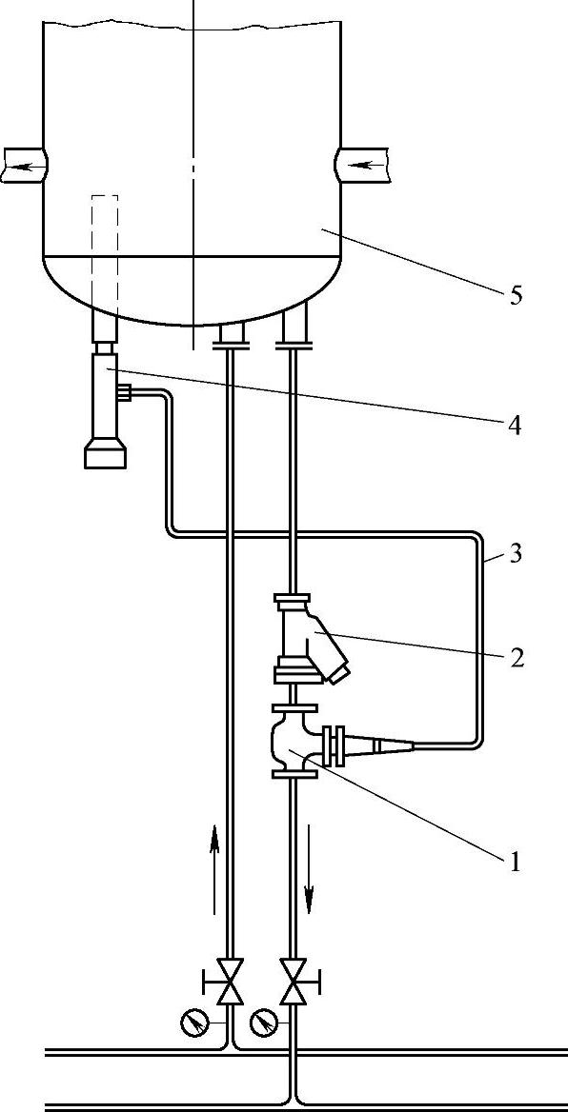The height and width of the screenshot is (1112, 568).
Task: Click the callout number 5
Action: tap(516, 294)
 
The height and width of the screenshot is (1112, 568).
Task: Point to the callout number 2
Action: tap(516, 658)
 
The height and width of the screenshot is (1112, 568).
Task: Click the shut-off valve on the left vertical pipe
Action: tap(229, 982)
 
